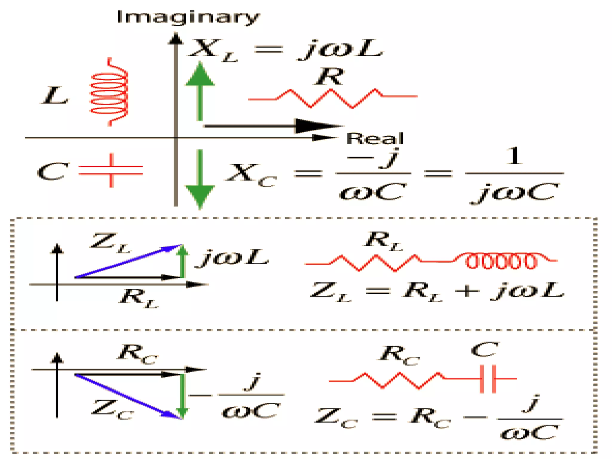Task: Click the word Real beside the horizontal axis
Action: click(375, 139)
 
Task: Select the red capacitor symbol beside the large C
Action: click(111, 170)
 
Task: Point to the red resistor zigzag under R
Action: click(332, 98)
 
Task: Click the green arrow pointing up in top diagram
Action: click(200, 90)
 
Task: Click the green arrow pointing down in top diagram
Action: click(200, 179)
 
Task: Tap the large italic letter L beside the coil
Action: click(55, 96)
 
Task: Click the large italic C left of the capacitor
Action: click(53, 172)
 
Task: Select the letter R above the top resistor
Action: click(330, 76)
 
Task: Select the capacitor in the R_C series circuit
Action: click(488, 379)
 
